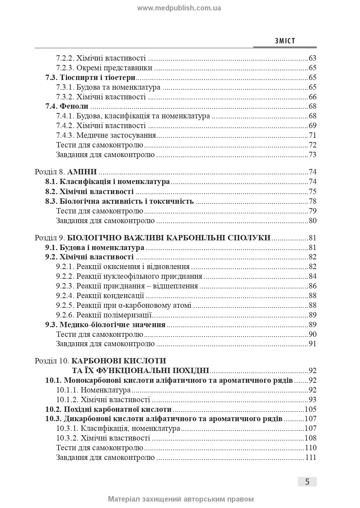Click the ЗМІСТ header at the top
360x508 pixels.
tap(285, 41)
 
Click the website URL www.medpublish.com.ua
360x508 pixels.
tap(179, 8)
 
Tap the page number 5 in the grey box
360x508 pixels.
tap(307, 482)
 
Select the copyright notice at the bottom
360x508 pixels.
tap(181, 499)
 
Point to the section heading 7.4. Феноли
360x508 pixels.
tap(67, 107)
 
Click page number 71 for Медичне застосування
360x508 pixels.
tap(312, 136)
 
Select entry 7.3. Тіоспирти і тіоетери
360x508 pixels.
tap(90, 77)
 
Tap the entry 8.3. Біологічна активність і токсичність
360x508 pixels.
tap(120, 201)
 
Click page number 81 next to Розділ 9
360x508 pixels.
tap(312, 238)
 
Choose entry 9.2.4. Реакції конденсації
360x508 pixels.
tap(100, 296)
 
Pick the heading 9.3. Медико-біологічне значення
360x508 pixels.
tap(105, 325)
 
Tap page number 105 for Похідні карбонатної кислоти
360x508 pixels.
tap(310, 409)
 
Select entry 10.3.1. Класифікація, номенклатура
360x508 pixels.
tap(118, 428)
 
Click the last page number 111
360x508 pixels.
tap(310, 457)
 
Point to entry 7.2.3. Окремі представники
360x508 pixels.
tap(104, 68)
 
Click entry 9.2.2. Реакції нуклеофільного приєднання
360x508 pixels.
tap(129, 277)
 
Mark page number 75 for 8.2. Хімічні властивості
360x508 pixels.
tap(312, 192)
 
